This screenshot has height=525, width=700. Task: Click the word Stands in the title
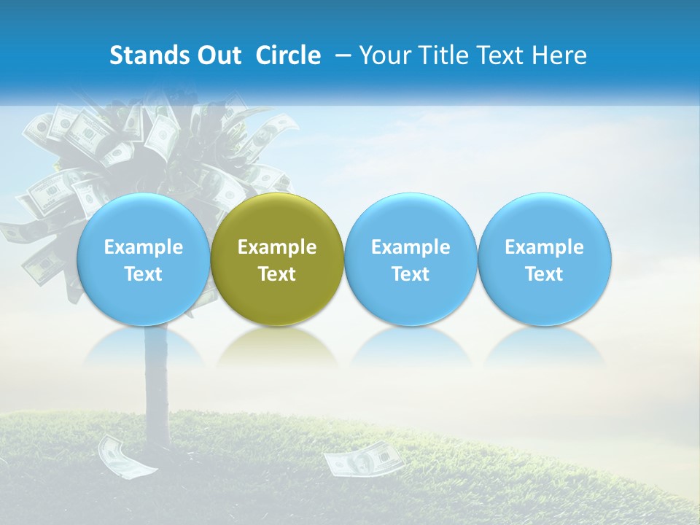[x=148, y=55]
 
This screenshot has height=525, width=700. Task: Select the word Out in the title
[x=217, y=55]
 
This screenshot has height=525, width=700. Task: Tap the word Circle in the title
[x=288, y=55]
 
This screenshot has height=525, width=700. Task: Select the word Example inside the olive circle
[x=277, y=247]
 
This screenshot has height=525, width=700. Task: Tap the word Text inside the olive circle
[x=277, y=274]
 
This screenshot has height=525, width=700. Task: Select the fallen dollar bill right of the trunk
[x=362, y=460]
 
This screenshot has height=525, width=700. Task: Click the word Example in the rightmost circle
[x=545, y=247]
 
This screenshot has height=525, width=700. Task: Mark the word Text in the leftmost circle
[x=143, y=274]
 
